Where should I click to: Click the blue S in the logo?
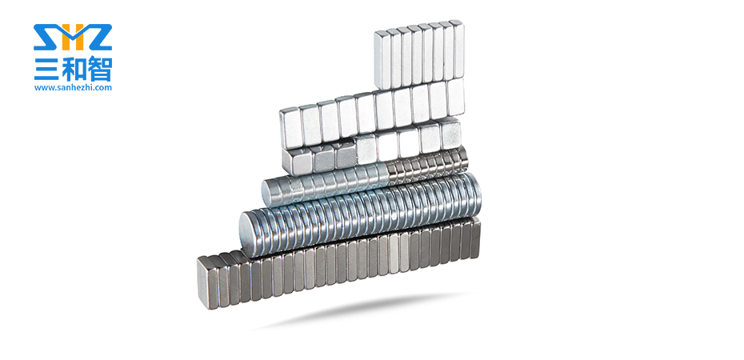pos(46,37)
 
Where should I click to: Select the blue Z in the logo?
pos(98,37)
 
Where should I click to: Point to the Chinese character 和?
pos(73,70)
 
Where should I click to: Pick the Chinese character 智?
pos(99,70)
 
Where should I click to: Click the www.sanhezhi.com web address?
pos(73,87)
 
